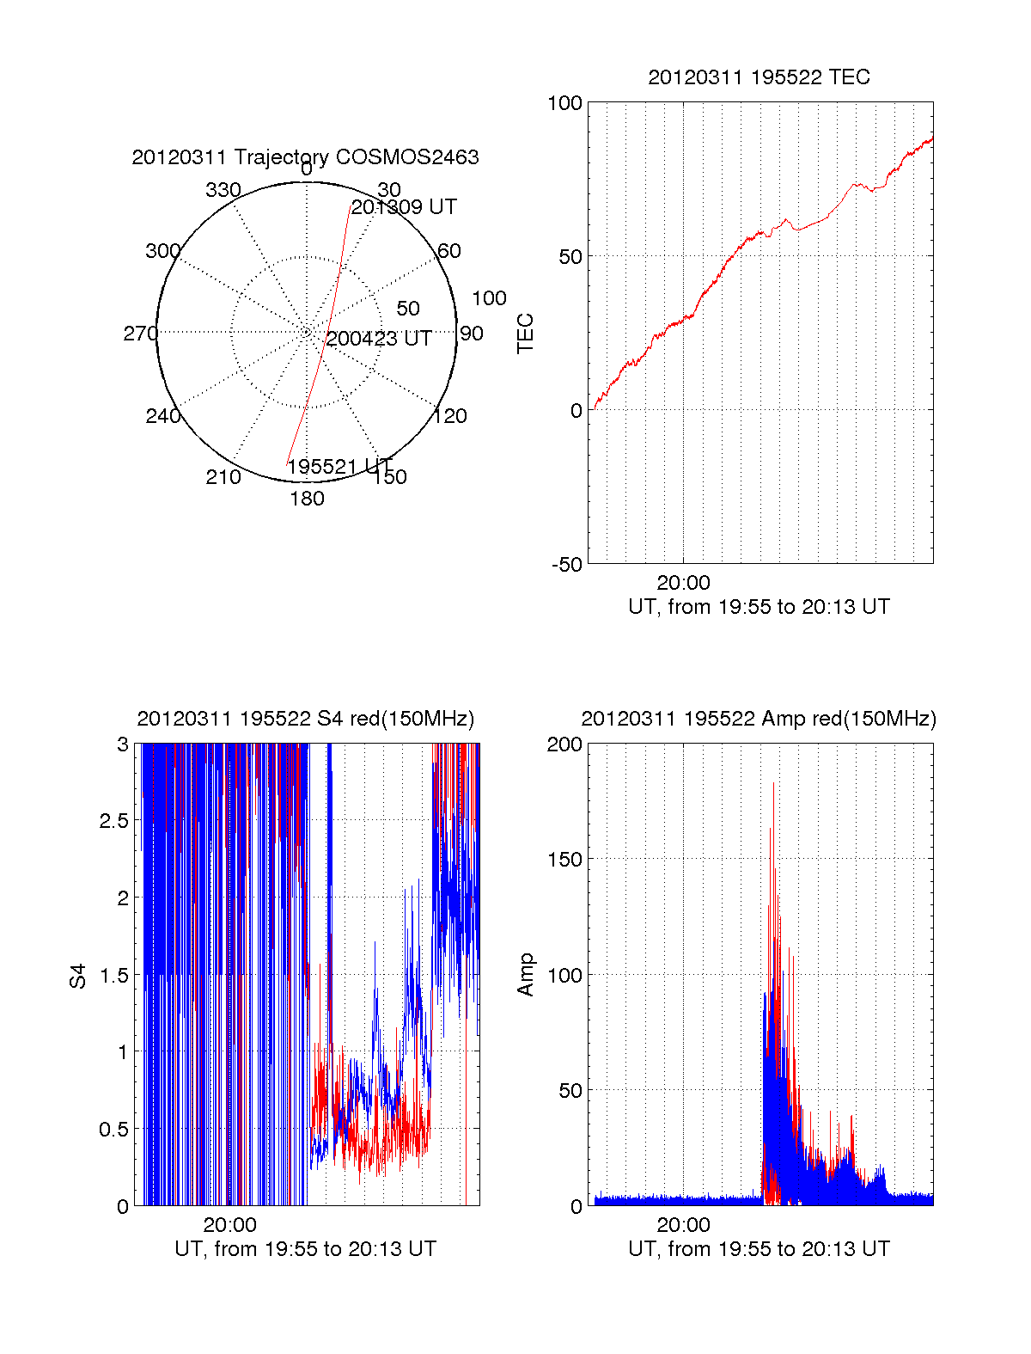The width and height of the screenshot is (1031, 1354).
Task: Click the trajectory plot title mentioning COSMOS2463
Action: click(x=305, y=157)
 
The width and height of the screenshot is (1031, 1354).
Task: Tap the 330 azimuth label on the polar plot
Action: click(x=223, y=190)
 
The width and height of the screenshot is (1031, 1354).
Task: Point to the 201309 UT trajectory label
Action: click(x=404, y=207)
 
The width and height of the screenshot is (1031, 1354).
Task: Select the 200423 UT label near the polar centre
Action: click(x=379, y=339)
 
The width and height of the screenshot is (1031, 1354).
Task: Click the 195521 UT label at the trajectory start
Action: click(x=339, y=467)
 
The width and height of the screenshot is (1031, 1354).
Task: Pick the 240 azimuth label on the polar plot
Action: click(x=163, y=416)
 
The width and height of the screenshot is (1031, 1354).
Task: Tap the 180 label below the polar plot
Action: click(x=307, y=499)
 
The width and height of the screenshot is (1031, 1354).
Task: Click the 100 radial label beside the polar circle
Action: click(x=489, y=298)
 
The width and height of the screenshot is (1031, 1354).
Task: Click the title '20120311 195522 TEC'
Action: click(x=759, y=77)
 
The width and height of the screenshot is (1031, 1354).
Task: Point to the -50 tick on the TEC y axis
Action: click(x=567, y=565)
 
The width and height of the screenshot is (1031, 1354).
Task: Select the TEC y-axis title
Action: click(x=526, y=334)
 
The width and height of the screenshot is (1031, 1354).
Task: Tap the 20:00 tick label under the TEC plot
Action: click(x=683, y=584)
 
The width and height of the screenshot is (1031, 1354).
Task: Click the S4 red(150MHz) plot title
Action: click(x=305, y=719)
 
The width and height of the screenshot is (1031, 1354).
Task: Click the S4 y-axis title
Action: click(x=78, y=976)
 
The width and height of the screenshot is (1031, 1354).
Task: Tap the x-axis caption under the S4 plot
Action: click(x=305, y=1249)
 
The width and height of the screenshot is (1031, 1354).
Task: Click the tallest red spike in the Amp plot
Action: click(x=773, y=784)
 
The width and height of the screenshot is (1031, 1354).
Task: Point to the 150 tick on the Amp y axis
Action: click(x=564, y=860)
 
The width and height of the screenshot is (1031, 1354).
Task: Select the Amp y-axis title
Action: click(x=526, y=975)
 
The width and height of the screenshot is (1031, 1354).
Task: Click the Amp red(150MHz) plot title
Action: click(x=759, y=719)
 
